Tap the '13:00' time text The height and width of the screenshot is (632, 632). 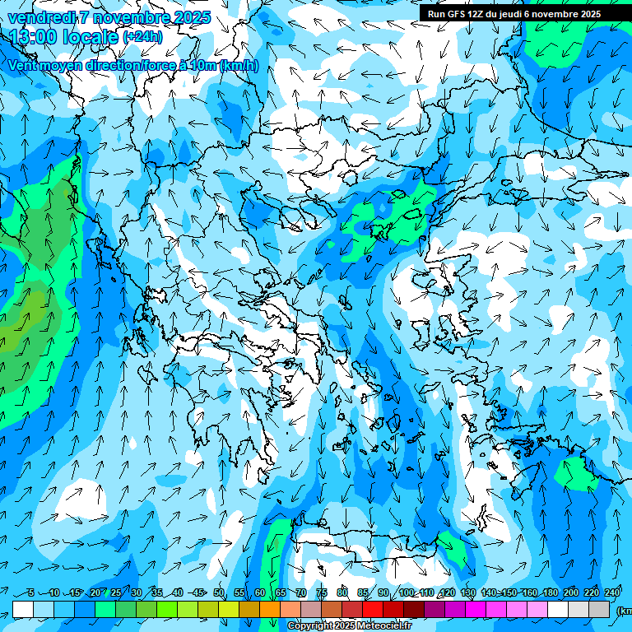tap(34, 37)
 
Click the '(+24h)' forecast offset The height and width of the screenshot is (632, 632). tap(142, 37)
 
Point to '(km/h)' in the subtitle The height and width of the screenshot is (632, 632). tap(239, 66)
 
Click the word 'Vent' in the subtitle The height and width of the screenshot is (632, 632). tap(23, 66)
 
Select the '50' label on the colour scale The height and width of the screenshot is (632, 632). tap(219, 593)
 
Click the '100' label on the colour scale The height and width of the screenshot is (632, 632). tap(406, 593)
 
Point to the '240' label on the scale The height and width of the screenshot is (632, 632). tap(612, 593)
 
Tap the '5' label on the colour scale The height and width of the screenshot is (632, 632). tap(31, 593)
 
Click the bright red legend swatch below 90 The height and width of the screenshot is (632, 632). tap(373, 609)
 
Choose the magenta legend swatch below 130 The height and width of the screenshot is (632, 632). tap(476, 609)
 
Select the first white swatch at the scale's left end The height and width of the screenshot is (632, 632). tap(23, 609)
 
